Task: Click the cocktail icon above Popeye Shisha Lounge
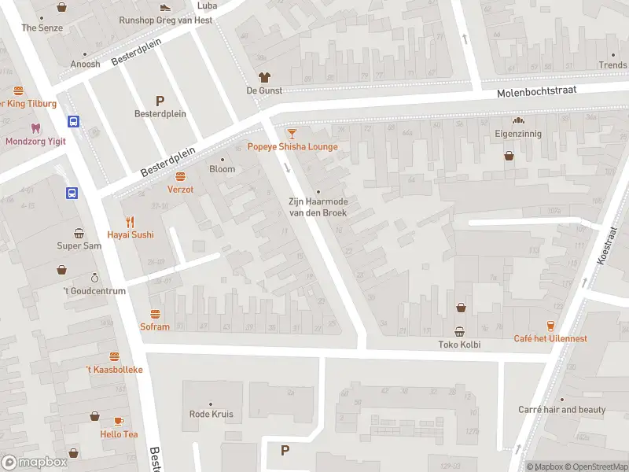[292, 134]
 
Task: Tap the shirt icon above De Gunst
[264, 77]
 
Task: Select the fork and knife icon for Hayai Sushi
[131, 222]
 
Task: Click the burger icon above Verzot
[180, 176]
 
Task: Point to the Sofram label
[155, 326]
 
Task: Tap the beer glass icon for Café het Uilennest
[550, 326]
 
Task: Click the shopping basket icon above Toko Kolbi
[460, 331]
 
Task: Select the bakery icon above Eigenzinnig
[518, 121]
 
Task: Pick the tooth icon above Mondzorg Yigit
[35, 127]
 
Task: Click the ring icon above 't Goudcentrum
[94, 278]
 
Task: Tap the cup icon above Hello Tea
[119, 421]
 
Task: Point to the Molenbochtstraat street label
[536, 92]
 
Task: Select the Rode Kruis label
[211, 414]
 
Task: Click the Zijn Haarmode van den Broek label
[318, 208]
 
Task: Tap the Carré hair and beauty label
[561, 410]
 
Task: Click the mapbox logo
[34, 462]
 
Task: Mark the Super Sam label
[79, 245]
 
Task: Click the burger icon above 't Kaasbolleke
[115, 356]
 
